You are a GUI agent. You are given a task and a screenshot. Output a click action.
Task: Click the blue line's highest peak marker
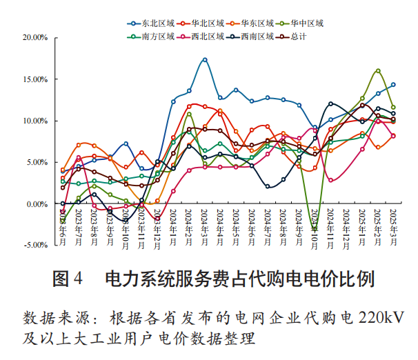pyautogui.click(x=205, y=60)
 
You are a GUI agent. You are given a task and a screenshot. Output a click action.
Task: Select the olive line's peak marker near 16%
pyautogui.click(x=378, y=71)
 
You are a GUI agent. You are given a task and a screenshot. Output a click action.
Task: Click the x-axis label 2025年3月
pyautogui.click(x=394, y=223)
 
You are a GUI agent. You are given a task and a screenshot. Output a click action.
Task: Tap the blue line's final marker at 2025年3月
pyautogui.click(x=394, y=85)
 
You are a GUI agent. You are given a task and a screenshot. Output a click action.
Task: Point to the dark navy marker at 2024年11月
pyautogui.click(x=331, y=104)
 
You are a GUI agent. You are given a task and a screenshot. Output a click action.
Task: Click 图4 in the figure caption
pyautogui.click(x=68, y=279)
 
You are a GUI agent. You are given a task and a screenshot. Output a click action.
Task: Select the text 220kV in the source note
pyautogui.click(x=379, y=318)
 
